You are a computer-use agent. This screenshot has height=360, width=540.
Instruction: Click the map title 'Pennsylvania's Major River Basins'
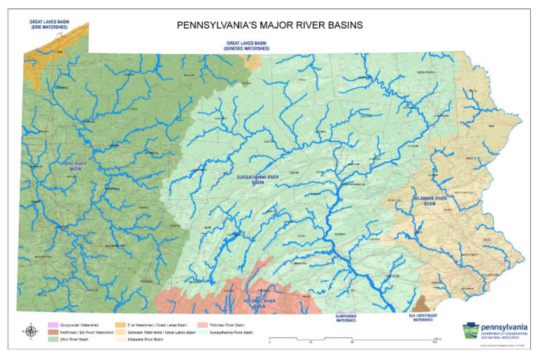270,25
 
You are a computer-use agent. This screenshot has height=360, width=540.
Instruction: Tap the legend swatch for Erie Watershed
120,326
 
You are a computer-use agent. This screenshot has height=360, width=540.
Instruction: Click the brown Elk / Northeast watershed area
422,303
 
